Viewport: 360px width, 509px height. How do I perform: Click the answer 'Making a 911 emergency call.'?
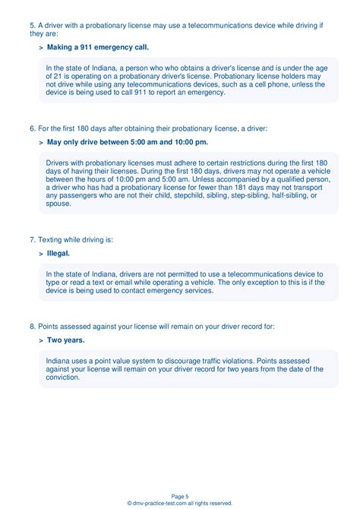[98, 47]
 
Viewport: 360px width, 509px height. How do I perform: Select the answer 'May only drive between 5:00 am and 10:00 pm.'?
[127, 141]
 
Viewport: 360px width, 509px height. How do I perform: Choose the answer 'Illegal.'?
[58, 254]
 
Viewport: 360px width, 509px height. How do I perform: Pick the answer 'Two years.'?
[66, 340]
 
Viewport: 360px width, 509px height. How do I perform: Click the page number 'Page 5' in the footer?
[180, 495]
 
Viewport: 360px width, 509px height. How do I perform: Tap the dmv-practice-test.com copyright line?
[180, 503]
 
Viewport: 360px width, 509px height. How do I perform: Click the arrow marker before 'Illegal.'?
[40, 254]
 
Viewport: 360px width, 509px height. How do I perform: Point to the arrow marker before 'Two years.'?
[40, 340]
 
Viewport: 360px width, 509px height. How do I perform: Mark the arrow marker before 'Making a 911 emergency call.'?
[40, 47]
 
